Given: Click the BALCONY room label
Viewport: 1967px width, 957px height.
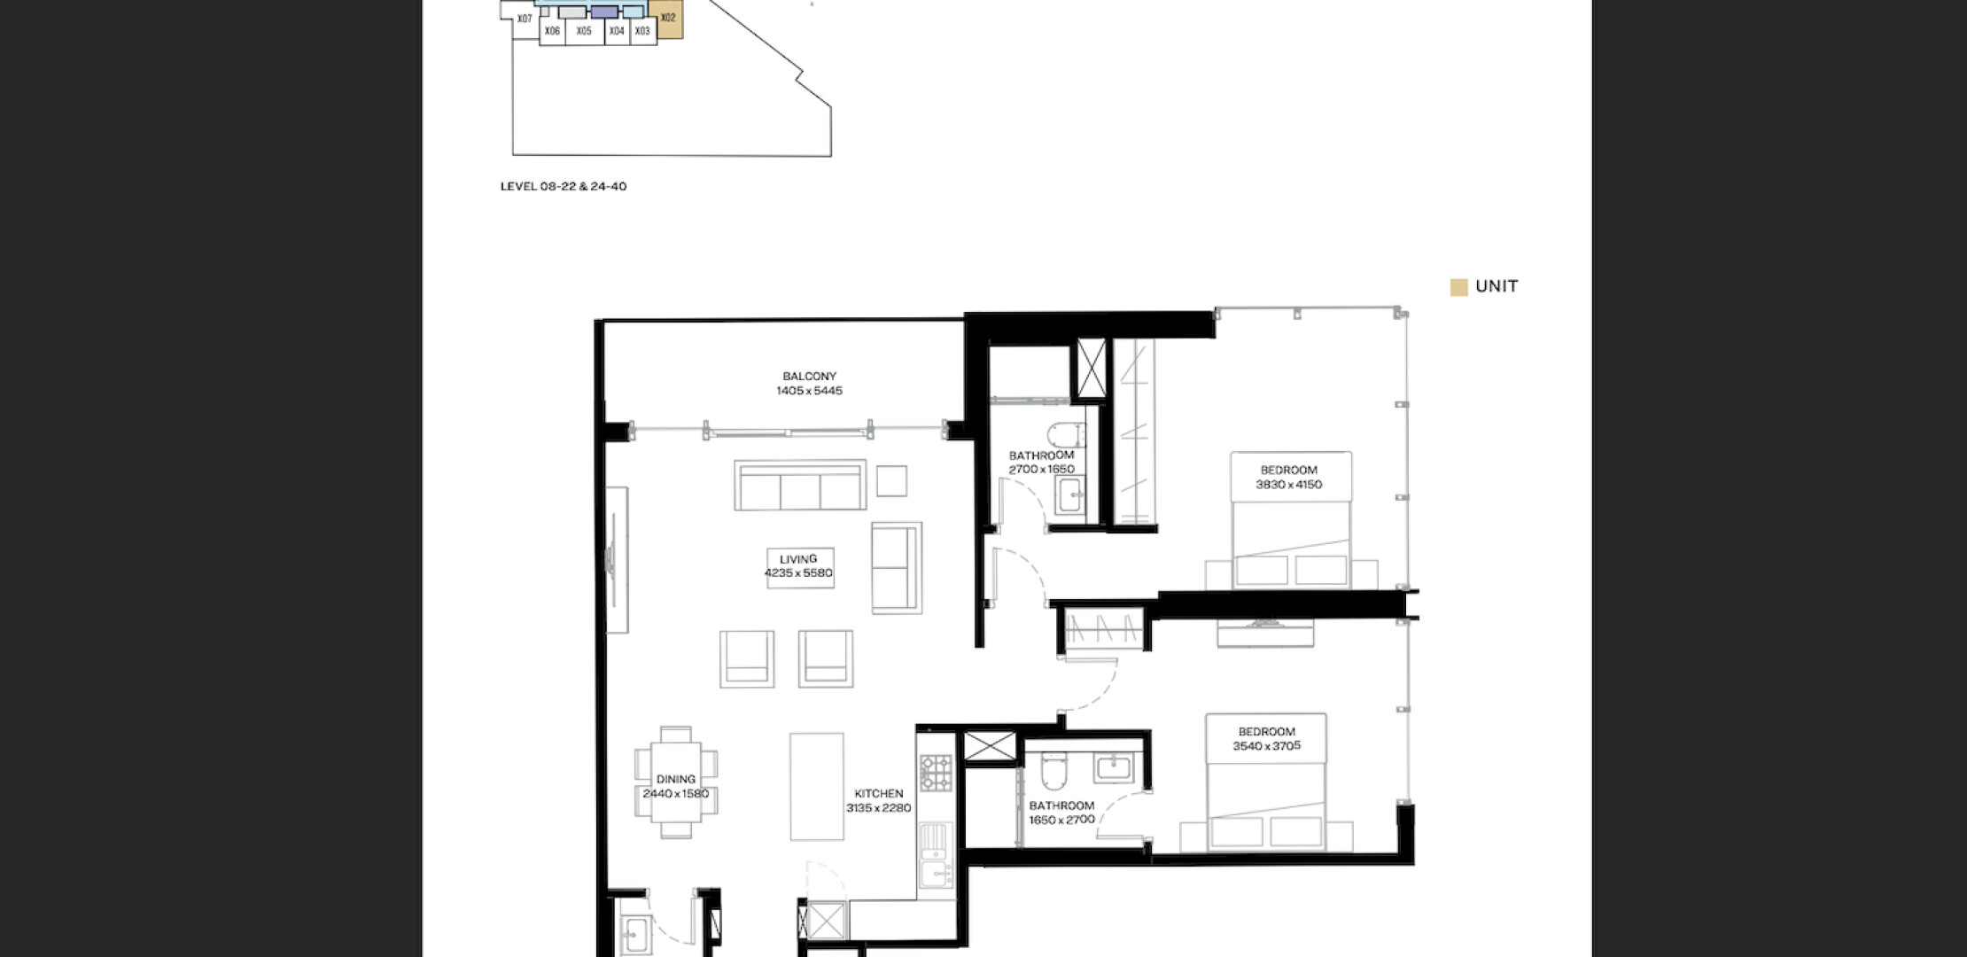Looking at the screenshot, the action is [x=809, y=377].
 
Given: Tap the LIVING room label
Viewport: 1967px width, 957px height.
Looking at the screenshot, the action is [x=798, y=559].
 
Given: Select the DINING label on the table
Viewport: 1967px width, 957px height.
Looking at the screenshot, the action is [x=676, y=780].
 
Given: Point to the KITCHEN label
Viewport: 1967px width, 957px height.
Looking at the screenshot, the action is [x=879, y=794].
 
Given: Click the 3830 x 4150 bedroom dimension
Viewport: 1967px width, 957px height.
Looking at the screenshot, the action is [x=1288, y=485].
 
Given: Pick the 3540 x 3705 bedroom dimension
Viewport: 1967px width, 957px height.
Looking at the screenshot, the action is [x=1266, y=746].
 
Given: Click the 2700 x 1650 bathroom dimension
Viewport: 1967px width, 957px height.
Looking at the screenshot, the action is [x=1041, y=470].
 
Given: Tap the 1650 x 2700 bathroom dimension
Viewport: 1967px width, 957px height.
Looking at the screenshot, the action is [x=1061, y=821].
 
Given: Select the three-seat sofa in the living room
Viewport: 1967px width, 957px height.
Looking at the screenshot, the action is [x=800, y=485].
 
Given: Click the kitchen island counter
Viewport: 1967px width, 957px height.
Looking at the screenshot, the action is [x=817, y=786].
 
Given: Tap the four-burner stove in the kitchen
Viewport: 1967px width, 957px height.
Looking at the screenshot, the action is [x=935, y=772].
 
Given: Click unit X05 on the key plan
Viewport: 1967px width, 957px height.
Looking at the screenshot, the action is [x=584, y=31].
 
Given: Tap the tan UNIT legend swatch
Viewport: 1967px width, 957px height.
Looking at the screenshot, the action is [x=1458, y=287].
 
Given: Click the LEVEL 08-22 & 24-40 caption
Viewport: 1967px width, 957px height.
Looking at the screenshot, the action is [x=564, y=187].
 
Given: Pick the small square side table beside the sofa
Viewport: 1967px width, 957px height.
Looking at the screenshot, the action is [x=891, y=481].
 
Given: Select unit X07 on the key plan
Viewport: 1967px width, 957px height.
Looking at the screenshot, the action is [x=525, y=19].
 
